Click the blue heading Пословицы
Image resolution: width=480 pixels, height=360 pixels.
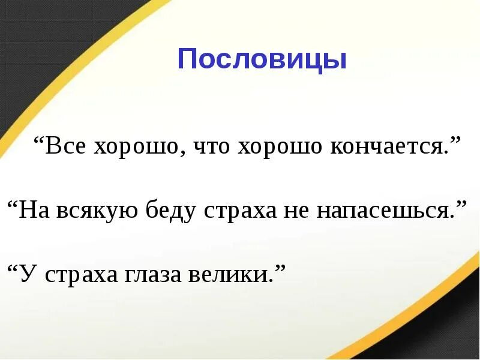pos(262,60)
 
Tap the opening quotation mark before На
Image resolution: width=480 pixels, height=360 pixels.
pos(13,205)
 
